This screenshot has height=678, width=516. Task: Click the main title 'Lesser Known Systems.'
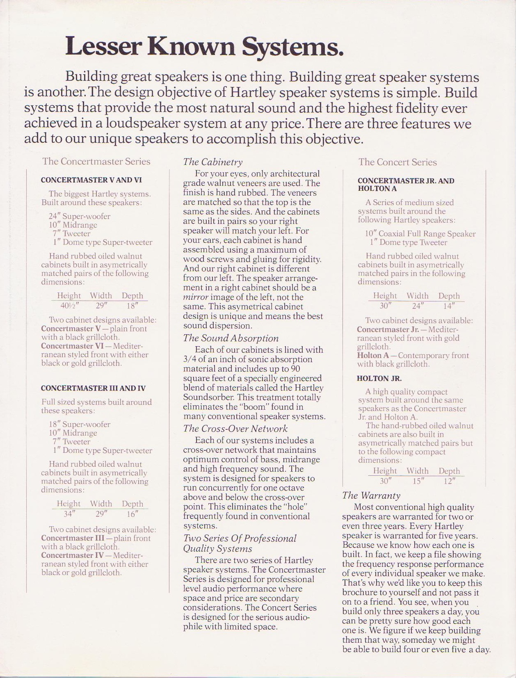(204, 46)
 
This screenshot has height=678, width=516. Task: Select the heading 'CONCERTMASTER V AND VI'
(91, 180)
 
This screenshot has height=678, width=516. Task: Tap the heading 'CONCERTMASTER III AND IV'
(93, 388)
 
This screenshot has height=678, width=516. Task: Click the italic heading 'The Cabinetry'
(212, 162)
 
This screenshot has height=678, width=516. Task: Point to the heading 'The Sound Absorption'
(231, 338)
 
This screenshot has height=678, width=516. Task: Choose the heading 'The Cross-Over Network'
(235, 429)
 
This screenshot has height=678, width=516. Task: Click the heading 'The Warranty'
(371, 495)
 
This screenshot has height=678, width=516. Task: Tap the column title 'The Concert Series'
(397, 162)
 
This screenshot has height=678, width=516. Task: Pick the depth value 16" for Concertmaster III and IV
(132, 513)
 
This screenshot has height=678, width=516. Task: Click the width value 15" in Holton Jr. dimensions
(417, 481)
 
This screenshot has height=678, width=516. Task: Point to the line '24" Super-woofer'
(80, 216)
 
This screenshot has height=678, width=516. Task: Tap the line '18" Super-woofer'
(80, 424)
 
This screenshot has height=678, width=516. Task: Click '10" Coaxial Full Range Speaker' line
(420, 234)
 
